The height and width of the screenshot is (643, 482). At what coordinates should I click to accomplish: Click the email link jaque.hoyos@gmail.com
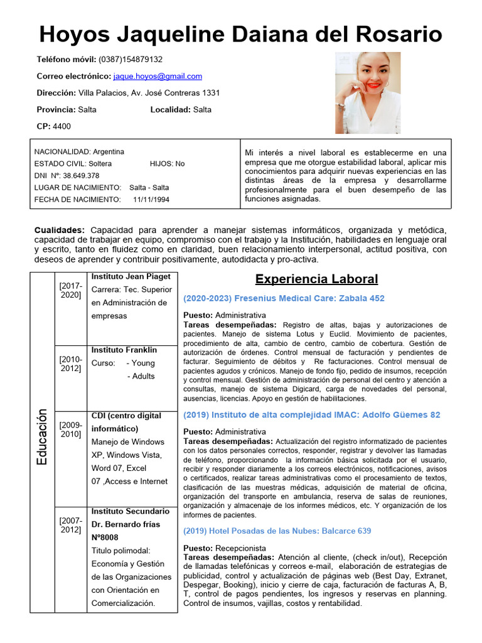(158, 77)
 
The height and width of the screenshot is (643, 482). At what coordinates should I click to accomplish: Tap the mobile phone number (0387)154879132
(130, 60)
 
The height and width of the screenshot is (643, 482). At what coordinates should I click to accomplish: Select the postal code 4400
(62, 126)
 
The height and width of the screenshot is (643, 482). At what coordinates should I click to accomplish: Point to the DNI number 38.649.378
(81, 176)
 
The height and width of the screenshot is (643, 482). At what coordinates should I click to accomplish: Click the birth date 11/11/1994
(151, 200)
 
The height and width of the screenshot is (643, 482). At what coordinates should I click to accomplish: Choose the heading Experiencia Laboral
(316, 279)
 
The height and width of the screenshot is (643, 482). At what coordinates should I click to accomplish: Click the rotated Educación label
(42, 436)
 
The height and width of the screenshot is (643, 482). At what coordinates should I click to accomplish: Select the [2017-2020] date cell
(70, 290)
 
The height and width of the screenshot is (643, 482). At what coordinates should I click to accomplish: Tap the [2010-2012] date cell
(70, 364)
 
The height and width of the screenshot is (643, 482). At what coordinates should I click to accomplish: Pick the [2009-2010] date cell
(70, 430)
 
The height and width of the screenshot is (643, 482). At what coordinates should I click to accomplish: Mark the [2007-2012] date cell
(70, 525)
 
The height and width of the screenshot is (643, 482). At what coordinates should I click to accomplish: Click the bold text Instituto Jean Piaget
(131, 276)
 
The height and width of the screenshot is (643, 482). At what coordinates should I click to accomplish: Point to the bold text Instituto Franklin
(124, 350)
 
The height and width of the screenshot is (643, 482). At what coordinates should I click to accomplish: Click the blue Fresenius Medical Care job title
(284, 298)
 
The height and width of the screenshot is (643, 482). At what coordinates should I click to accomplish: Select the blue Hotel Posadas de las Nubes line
(277, 531)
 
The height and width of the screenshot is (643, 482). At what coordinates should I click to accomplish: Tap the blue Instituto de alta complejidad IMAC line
(311, 415)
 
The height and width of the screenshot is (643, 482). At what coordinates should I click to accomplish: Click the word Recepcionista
(240, 548)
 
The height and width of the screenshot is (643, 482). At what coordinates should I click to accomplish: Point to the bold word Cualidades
(59, 230)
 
